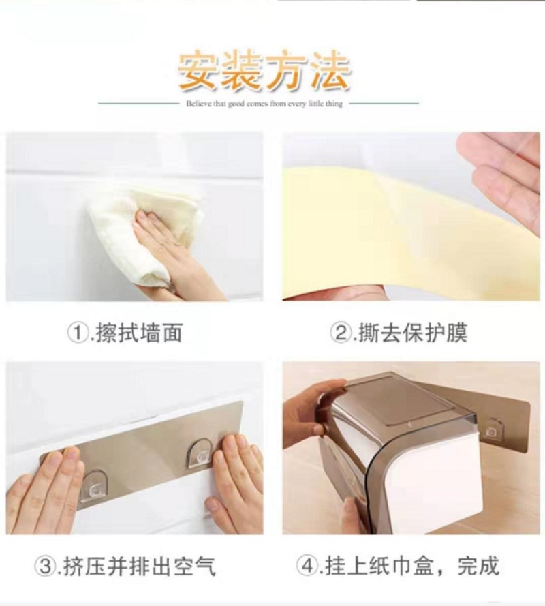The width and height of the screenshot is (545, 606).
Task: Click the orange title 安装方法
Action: pos(264,72)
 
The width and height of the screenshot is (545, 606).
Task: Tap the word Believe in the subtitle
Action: pos(198,104)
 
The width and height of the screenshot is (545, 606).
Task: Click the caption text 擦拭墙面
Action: pos(138,333)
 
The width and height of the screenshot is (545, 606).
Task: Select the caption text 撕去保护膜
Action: pos(412,333)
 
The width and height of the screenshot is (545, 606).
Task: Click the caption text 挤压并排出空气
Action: pos(139,566)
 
